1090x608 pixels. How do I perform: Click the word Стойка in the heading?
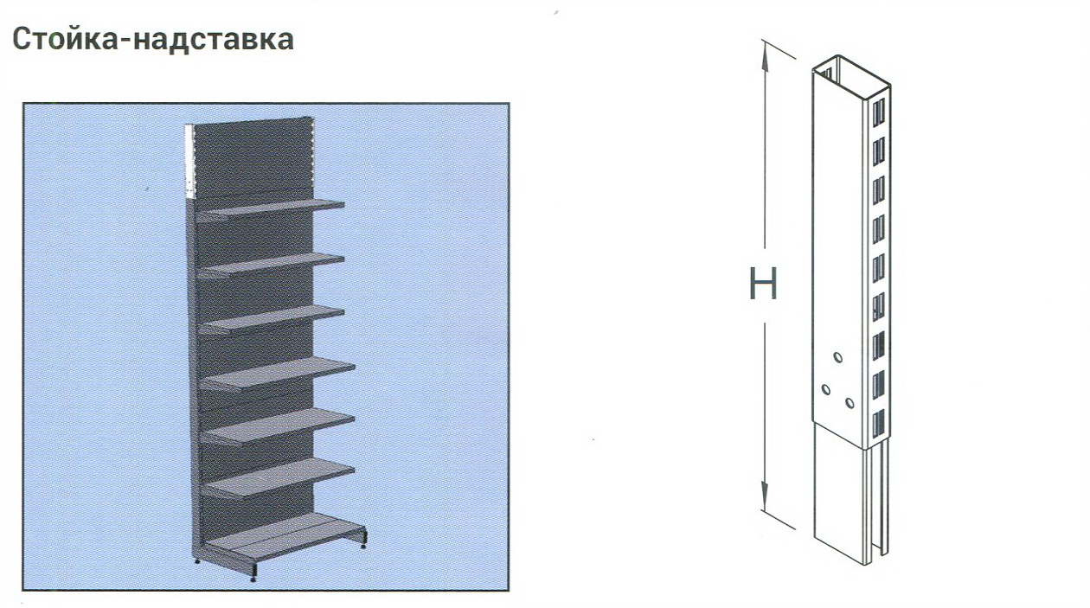[65, 40]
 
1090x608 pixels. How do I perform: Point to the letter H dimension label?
[762, 283]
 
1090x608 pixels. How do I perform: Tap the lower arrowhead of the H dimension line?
[765, 497]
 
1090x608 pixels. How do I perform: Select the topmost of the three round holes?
[837, 357]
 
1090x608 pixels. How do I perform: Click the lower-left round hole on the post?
[825, 389]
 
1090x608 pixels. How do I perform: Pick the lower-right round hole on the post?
[850, 403]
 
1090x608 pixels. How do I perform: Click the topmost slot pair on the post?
[878, 112]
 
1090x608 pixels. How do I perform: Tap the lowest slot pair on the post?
[878, 424]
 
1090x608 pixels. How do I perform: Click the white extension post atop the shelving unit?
[189, 162]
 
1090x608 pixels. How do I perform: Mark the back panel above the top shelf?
[252, 161]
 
